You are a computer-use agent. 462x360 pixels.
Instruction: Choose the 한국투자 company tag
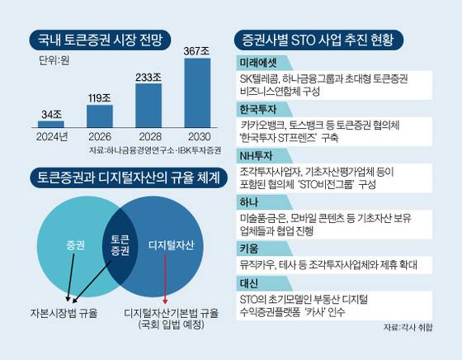pyautogui.click(x=256, y=110)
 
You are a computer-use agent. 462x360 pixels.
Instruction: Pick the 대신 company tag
pyautogui.click(x=246, y=283)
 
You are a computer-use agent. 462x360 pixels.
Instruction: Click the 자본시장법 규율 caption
pyautogui.click(x=58, y=313)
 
